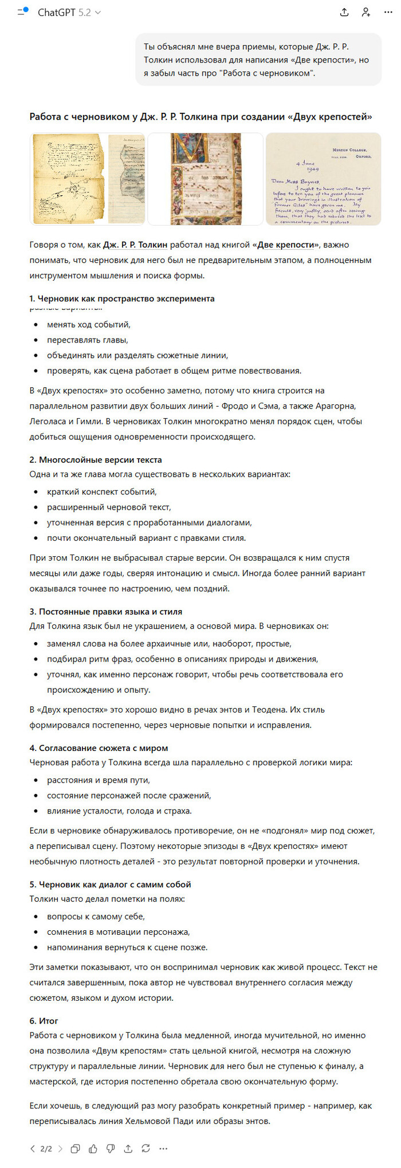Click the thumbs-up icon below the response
(x=93, y=1148)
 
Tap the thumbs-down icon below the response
(x=111, y=1148)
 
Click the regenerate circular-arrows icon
(x=146, y=1148)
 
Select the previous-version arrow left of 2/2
(x=33, y=1148)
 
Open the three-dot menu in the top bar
(x=388, y=12)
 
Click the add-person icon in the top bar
(x=365, y=12)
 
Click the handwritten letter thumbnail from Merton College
(x=323, y=179)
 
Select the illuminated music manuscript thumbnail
(x=206, y=179)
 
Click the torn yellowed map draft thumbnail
(x=87, y=179)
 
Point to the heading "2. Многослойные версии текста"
(x=96, y=459)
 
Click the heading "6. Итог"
(x=44, y=1020)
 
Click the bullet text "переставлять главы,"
(x=88, y=340)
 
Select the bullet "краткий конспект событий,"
(x=102, y=491)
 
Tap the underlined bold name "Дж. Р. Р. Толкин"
(x=135, y=245)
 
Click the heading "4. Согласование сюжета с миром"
(x=99, y=748)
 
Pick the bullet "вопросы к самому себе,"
(x=96, y=916)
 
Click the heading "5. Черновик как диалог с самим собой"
(x=110, y=884)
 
